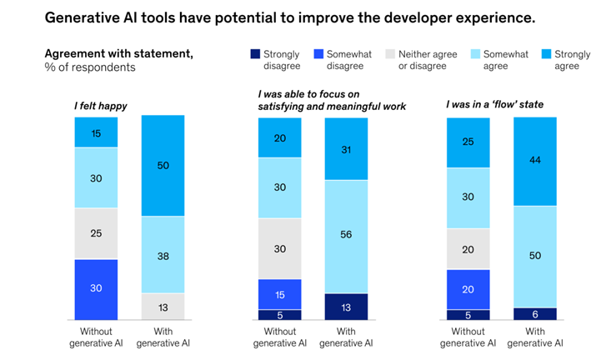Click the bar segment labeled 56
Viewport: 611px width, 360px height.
coord(345,236)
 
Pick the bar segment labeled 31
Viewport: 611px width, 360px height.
coord(345,148)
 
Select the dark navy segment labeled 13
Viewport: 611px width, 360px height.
coord(345,307)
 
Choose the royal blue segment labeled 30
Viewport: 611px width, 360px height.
coord(96,289)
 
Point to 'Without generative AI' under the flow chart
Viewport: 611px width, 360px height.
coord(468,337)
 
